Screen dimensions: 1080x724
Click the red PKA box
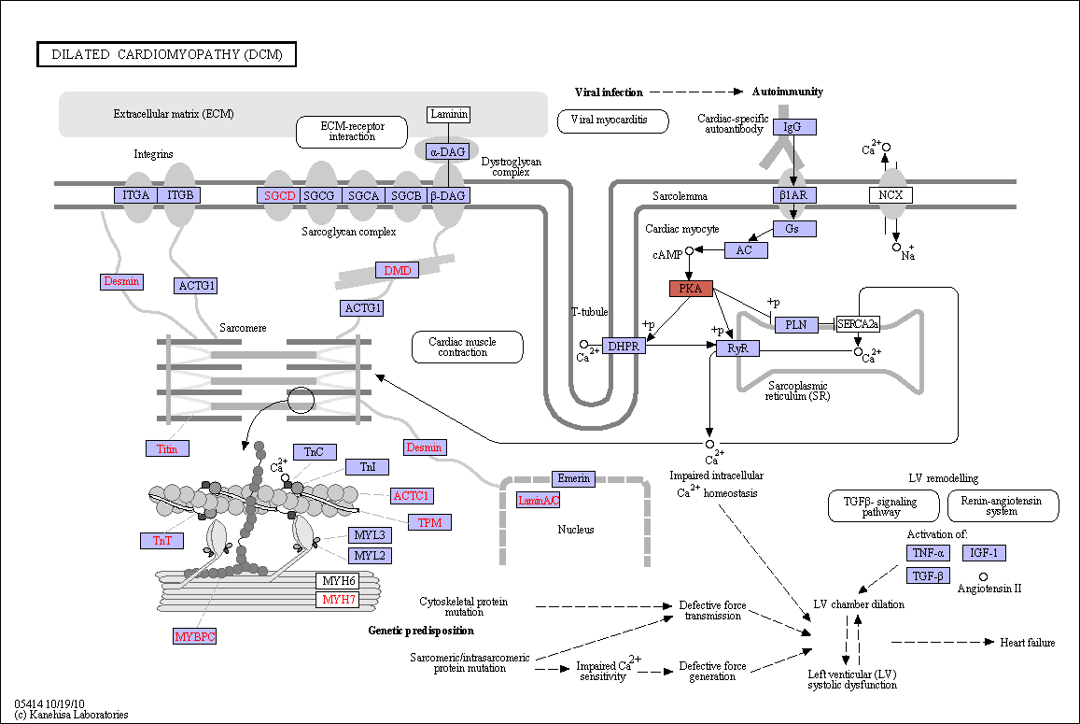691,289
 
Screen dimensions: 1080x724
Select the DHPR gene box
624,347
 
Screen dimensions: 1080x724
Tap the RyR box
737,348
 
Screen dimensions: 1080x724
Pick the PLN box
796,324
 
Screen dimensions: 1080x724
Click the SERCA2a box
858,323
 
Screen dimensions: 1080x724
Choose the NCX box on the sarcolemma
891,195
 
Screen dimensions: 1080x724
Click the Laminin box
449,114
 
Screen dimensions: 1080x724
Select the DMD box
398,270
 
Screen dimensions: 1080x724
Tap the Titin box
167,448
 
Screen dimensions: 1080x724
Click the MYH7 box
338,599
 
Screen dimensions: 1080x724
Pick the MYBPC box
195,636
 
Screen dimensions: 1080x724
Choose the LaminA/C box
539,500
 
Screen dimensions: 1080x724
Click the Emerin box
574,478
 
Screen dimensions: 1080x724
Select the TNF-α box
928,553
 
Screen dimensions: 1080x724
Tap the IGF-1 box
984,553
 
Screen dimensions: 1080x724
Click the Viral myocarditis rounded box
613,121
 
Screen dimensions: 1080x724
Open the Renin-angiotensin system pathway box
1003,505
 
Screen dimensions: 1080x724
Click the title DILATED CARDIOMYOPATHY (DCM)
167,54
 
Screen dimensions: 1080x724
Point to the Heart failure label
1028,643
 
